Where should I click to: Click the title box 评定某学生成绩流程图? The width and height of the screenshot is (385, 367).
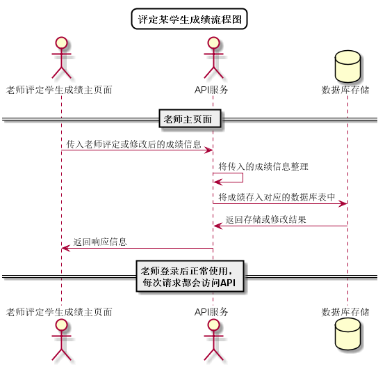click(189, 19)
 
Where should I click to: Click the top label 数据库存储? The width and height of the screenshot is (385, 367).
click(347, 90)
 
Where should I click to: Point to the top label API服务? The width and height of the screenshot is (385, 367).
click(212, 90)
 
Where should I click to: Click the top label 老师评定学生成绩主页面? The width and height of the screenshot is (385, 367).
click(60, 90)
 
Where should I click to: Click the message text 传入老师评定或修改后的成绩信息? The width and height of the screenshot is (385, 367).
click(134, 144)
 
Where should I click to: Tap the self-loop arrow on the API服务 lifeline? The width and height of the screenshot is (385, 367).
click(223, 178)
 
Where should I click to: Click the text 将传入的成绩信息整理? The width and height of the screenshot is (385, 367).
click(263, 166)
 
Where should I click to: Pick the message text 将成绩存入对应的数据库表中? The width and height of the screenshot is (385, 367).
click(277, 197)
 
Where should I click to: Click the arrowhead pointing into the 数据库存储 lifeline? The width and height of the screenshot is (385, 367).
click(343, 203)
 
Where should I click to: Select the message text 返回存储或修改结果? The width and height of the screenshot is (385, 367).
click(265, 219)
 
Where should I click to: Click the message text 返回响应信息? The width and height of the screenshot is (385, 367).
click(100, 242)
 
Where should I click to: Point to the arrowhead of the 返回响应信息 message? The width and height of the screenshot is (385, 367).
click(65, 248)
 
